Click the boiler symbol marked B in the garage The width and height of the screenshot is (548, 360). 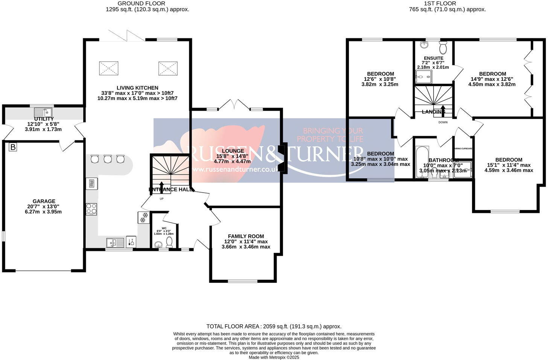pyautogui.click(x=13, y=147)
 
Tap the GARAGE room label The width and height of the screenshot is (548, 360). pyautogui.click(x=44, y=201)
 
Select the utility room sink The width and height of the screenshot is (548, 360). pyautogui.click(x=43, y=112)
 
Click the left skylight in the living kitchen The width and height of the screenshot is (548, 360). pyautogui.click(x=109, y=68)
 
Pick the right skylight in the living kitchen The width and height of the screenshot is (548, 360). pyautogui.click(x=167, y=68)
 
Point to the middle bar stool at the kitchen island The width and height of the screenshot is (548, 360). pyautogui.click(x=108, y=159)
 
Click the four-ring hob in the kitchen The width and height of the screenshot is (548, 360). pyautogui.click(x=91, y=209)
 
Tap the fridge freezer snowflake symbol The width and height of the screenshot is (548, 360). pyautogui.click(x=144, y=217)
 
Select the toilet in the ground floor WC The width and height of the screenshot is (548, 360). pyautogui.click(x=169, y=242)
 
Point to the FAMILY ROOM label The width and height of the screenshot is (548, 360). pyautogui.click(x=246, y=236)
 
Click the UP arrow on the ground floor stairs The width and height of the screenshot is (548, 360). pyautogui.click(x=162, y=186)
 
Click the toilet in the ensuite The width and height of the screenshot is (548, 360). pyautogui.click(x=443, y=48)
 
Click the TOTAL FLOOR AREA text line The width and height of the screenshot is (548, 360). pyautogui.click(x=274, y=327)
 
